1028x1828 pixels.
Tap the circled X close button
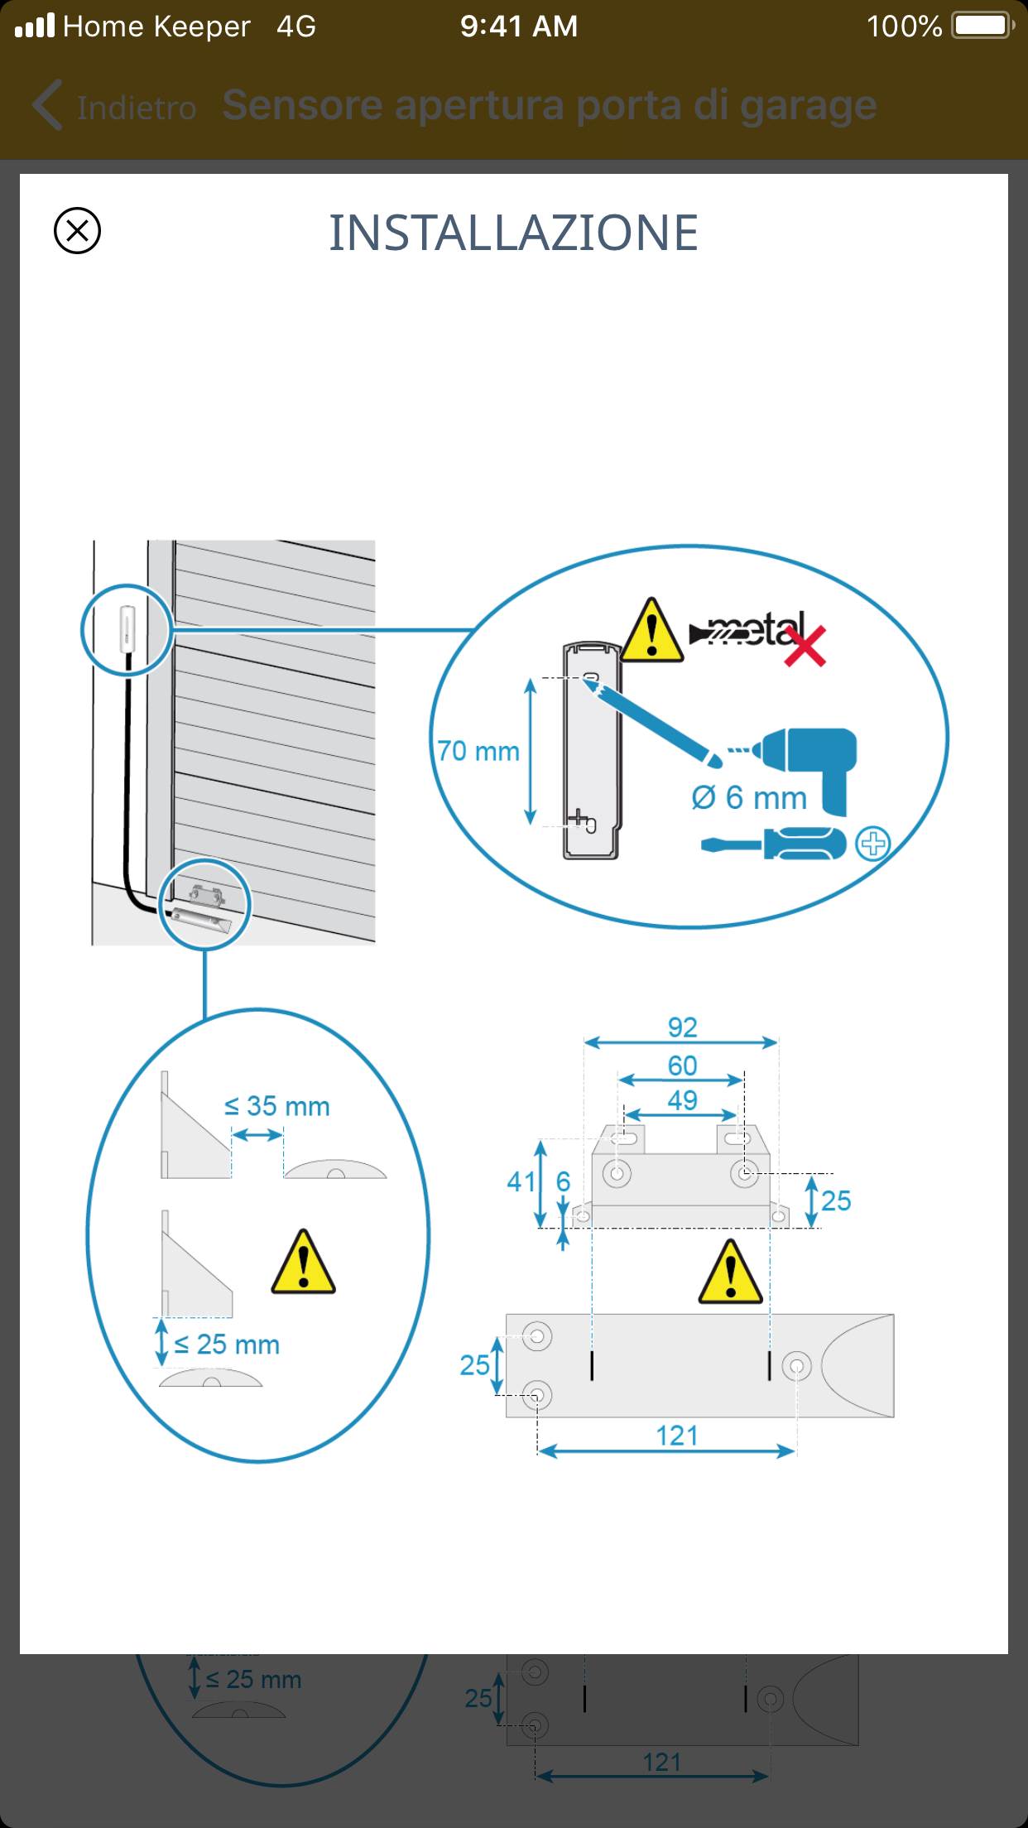coord(77,230)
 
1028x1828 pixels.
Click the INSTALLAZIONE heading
coord(513,233)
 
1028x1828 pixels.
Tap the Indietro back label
coord(136,108)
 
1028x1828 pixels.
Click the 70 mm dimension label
coord(478,751)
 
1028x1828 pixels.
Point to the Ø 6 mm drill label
coord(749,798)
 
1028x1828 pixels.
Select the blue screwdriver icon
coord(773,844)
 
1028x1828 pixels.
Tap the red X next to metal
coord(805,647)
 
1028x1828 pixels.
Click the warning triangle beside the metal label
coord(652,632)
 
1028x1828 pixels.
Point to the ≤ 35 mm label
coord(277,1106)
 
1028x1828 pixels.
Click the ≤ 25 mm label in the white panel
coord(228,1345)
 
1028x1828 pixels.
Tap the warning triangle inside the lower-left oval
coord(304,1263)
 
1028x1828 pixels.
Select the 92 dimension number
coord(683,1027)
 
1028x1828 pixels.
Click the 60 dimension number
coord(683,1066)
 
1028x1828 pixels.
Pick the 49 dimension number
coord(683,1100)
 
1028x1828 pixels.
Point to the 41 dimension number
coord(521,1181)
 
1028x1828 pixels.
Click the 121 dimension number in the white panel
coord(677,1436)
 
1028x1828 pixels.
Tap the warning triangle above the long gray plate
coord(730,1273)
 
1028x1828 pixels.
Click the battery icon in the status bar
coord(982,26)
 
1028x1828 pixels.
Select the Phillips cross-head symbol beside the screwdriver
coord(873,844)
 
